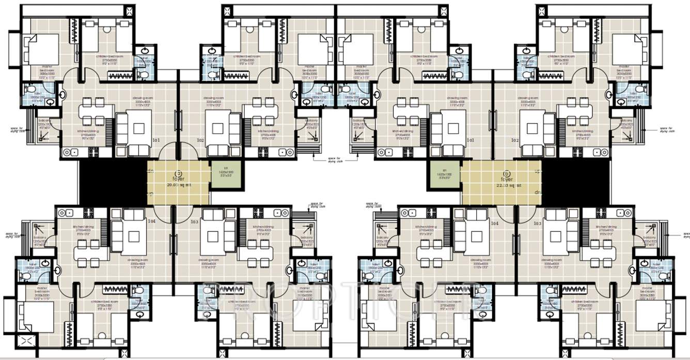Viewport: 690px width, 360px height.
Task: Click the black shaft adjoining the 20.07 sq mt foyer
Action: tap(113, 182)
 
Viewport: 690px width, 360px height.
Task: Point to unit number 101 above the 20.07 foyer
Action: tap(156, 140)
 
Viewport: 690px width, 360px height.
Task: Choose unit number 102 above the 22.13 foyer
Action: tap(514, 140)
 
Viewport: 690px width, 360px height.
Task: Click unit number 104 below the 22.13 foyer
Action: tap(495, 223)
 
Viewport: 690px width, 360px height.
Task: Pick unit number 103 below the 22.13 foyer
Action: tap(537, 223)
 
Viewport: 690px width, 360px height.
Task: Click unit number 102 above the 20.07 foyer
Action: tap(201, 140)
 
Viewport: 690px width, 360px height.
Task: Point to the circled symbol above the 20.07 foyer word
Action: tap(179, 174)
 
